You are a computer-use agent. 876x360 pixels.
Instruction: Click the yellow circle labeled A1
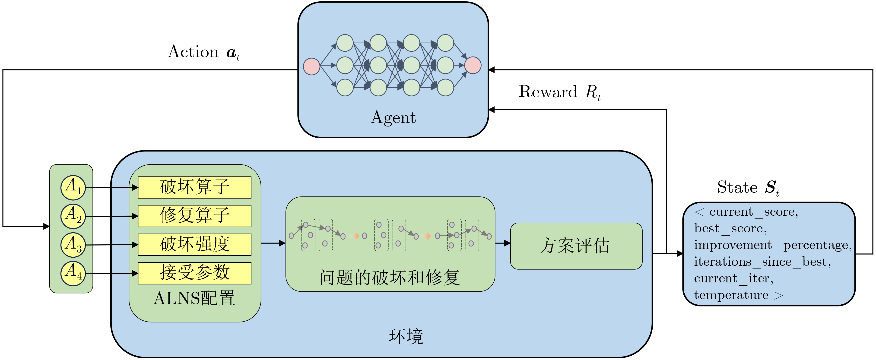pyautogui.click(x=73, y=187)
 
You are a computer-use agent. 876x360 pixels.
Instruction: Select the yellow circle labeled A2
pyautogui.click(x=73, y=216)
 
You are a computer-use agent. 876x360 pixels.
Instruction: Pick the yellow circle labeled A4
pyautogui.click(x=73, y=273)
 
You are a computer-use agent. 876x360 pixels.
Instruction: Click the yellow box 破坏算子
pyautogui.click(x=194, y=187)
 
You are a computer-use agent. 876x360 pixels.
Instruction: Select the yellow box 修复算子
pyautogui.click(x=194, y=216)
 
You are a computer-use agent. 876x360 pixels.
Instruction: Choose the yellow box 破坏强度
pyautogui.click(x=194, y=244)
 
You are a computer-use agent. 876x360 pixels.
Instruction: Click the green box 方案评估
pyautogui.click(x=576, y=246)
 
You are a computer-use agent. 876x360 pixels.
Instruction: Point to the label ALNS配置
pyautogui.click(x=194, y=298)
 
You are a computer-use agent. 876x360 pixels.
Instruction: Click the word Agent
pyautogui.click(x=393, y=118)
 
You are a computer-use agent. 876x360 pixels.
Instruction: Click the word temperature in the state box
pyautogui.click(x=731, y=295)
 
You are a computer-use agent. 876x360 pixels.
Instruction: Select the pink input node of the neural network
pyautogui.click(x=311, y=66)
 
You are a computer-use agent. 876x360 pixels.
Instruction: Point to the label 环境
pyautogui.click(x=406, y=337)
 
